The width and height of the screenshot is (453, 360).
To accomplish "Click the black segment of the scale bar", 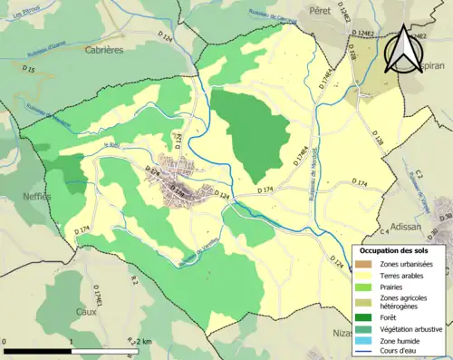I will point(38,348).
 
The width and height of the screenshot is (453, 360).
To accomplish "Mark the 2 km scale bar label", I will point(142,341).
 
